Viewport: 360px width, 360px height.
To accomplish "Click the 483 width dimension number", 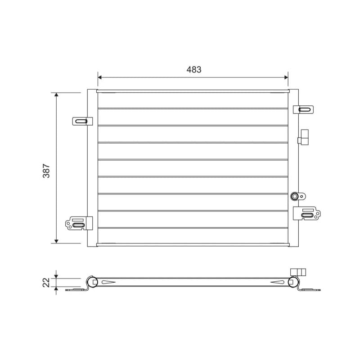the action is coord(194,69).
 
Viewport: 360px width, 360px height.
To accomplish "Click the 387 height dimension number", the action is coord(46,171).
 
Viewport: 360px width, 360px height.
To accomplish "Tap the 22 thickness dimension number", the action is coord(46,283).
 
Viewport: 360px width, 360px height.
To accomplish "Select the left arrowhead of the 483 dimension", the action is coord(99,77).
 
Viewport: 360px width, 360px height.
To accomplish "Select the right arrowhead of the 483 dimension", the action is coord(286,77).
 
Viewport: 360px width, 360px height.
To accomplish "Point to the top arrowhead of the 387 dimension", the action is coord(56,94).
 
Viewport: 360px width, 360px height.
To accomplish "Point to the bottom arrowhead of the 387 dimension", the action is coord(56,241).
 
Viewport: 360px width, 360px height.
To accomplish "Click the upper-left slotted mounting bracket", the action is coord(82,121).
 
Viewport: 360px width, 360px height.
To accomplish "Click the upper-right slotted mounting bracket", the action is coord(303,109).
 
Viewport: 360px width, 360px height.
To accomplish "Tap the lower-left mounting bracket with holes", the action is coord(79,223).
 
